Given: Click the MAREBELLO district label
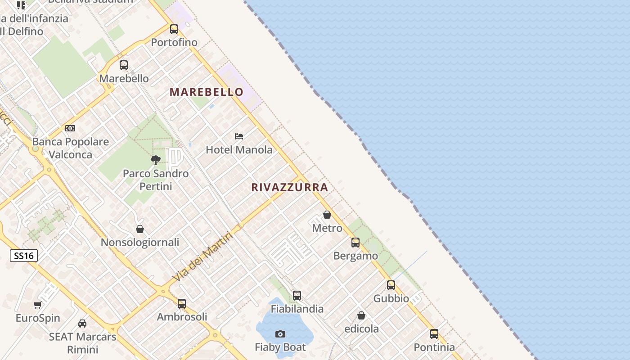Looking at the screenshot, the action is [x=207, y=92].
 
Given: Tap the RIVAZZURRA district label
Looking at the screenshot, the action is [x=290, y=187].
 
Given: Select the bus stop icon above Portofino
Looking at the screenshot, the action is [x=174, y=29].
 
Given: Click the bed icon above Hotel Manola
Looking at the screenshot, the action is [x=239, y=136].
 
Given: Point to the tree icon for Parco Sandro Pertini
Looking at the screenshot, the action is [x=156, y=160].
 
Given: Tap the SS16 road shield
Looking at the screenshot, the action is [x=24, y=256].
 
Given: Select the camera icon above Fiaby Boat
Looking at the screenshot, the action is [x=280, y=334].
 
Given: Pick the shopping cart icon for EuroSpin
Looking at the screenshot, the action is [x=38, y=305].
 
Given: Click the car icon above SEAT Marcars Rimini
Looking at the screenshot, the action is [x=82, y=323].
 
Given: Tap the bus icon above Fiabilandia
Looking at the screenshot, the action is [x=297, y=296].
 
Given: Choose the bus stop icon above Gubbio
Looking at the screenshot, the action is [x=391, y=285].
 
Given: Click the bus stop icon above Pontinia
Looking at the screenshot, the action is [x=434, y=334].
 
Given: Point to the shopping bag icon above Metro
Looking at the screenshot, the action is [x=327, y=215].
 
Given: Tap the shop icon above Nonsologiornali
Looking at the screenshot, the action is [x=140, y=229].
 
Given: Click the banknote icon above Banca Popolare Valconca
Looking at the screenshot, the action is [x=70, y=128].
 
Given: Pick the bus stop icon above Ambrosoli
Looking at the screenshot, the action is [x=182, y=304].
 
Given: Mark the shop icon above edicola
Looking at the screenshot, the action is [x=361, y=315].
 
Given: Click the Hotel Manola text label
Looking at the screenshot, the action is [x=239, y=150].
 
